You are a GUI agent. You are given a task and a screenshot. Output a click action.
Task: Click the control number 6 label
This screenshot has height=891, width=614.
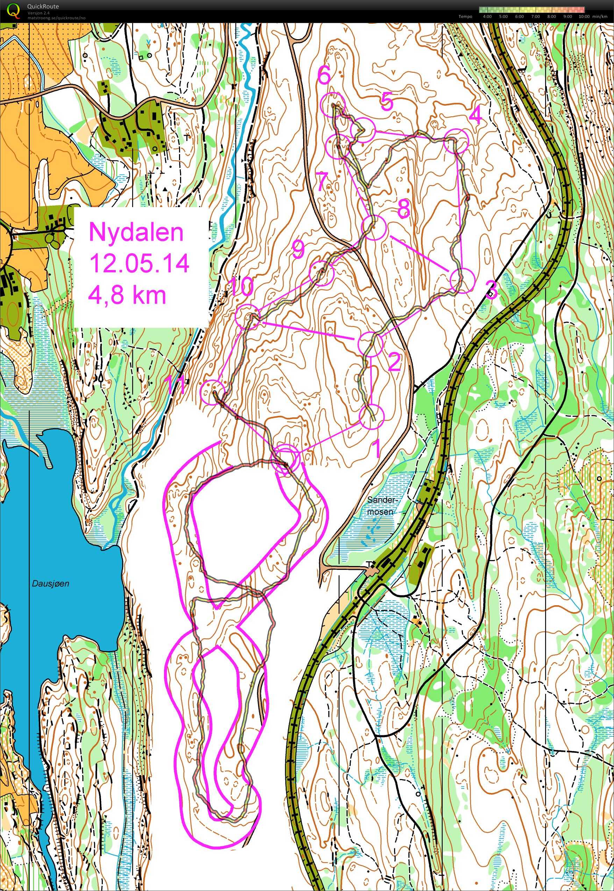(323, 76)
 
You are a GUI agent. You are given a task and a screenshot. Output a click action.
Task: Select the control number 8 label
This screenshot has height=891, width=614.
(403, 208)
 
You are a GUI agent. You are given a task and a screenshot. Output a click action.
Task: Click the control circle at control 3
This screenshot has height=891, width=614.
(463, 281)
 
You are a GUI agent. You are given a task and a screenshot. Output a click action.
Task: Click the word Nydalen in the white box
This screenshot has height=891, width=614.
(136, 233)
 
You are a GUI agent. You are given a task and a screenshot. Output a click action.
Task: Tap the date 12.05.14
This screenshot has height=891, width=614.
(139, 264)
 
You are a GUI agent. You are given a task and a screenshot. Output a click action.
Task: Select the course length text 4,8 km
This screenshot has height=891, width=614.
(128, 295)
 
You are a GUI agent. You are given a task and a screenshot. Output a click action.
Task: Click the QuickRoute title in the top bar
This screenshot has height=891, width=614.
(43, 7)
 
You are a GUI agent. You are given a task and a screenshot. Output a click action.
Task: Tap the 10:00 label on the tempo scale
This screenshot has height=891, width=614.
(584, 16)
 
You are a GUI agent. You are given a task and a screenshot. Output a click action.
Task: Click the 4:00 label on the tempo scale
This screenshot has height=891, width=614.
(487, 16)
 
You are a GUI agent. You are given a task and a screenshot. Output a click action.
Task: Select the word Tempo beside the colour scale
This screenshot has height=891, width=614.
(465, 16)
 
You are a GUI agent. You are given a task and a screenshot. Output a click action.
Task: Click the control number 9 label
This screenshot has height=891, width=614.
(298, 250)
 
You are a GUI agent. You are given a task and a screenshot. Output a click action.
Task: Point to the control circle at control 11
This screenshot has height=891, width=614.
(213, 392)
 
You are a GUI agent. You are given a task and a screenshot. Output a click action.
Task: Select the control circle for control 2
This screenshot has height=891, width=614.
(371, 344)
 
